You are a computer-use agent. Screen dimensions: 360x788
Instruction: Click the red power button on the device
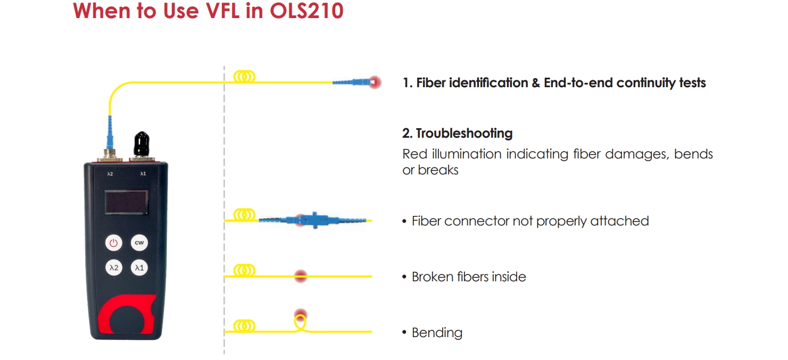(x=113, y=243)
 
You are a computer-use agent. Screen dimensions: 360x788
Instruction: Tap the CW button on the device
(x=139, y=243)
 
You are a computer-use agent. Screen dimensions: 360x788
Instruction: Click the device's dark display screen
(x=126, y=203)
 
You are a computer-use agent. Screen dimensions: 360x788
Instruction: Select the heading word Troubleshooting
(x=464, y=133)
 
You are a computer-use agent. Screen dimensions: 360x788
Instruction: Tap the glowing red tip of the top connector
(x=375, y=82)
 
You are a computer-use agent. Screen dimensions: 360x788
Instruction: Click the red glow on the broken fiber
(x=301, y=275)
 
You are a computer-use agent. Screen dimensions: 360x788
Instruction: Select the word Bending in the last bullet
(x=437, y=333)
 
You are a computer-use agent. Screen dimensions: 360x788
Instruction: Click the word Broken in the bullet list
(x=432, y=277)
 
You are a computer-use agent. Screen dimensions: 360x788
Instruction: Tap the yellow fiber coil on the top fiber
(x=244, y=77)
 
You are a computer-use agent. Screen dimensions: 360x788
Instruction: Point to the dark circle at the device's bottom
(x=127, y=321)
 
